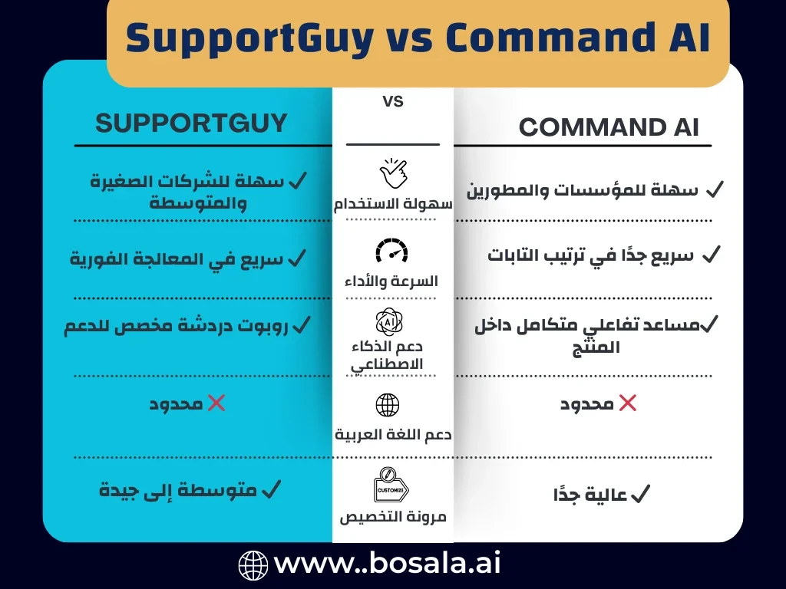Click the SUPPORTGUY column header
pos(191,123)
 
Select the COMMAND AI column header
pos(609,127)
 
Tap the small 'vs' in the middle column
pos(392,101)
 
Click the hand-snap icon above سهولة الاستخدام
pos(392,174)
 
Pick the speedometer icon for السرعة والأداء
pos(392,251)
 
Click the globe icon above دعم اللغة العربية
pos(388,404)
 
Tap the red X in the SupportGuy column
pos(216,403)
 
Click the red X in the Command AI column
pos(627,403)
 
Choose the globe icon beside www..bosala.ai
pos(253,565)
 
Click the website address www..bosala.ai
pos(388,564)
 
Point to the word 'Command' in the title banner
pos(535,38)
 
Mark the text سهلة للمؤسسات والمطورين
pos(583,190)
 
